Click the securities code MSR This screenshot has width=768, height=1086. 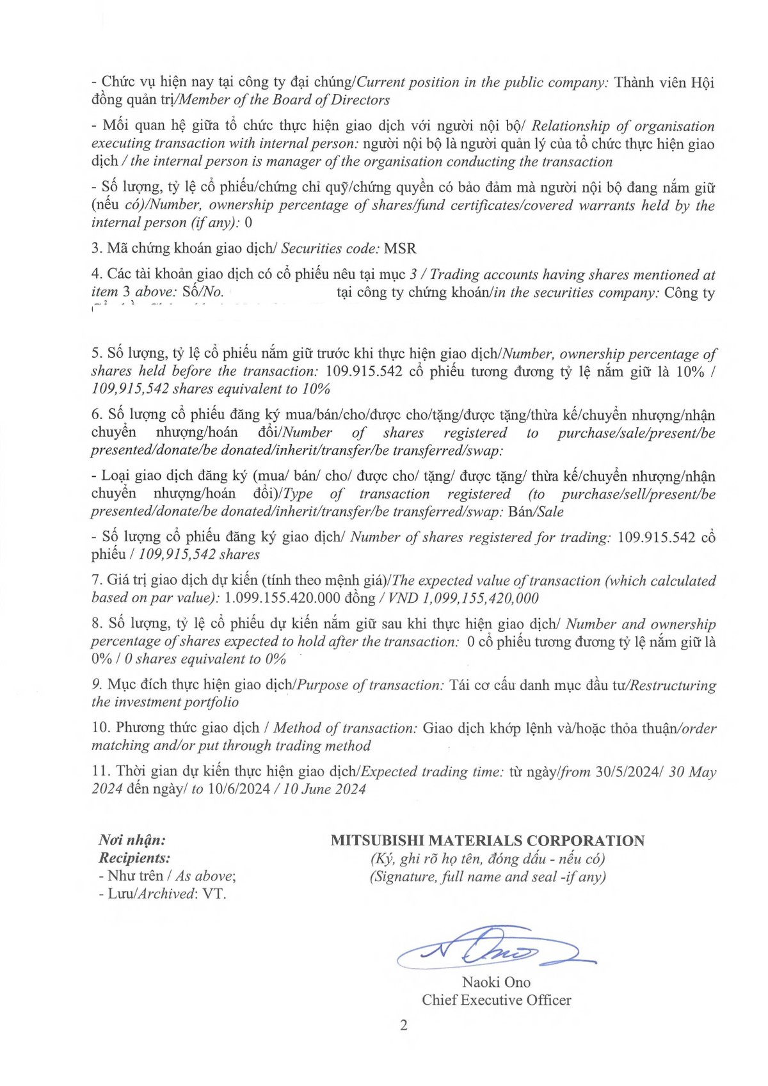click(x=400, y=248)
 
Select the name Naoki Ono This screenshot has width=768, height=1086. click(x=496, y=982)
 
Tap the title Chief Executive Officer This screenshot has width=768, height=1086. click(x=496, y=1000)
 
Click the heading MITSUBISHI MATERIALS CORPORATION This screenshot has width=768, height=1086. click(x=488, y=841)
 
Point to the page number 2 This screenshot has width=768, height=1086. click(x=403, y=1025)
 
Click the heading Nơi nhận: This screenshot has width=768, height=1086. click(x=132, y=840)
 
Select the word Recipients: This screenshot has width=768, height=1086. click(x=134, y=858)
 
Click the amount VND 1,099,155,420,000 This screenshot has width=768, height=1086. click(x=463, y=598)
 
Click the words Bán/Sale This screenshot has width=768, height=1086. click(x=536, y=512)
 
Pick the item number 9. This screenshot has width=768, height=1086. click(x=97, y=685)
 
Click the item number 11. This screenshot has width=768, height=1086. click(x=101, y=772)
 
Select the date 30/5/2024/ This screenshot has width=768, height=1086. click(x=629, y=772)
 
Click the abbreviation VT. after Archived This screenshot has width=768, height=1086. click(x=214, y=894)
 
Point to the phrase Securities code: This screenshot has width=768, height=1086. click(x=330, y=248)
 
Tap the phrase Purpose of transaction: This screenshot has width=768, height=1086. click(x=371, y=685)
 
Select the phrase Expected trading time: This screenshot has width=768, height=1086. click(x=433, y=772)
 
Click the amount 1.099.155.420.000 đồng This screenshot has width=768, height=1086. click(x=300, y=598)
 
